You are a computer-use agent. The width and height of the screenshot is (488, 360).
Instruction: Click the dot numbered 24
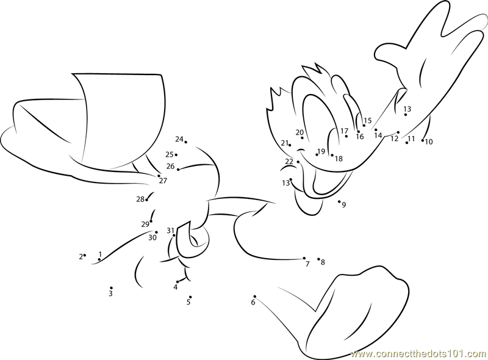tap(186, 142)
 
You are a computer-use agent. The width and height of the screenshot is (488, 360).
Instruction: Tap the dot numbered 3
tap(111, 288)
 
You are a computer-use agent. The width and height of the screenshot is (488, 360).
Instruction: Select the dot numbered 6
tap(254, 297)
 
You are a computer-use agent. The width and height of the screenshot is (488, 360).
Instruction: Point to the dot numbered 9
tap(339, 201)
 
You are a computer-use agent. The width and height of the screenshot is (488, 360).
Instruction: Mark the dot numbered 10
tap(423, 140)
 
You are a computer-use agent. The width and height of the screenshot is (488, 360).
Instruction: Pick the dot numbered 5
tap(190, 297)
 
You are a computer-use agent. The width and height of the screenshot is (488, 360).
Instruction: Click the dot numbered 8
tap(318, 259)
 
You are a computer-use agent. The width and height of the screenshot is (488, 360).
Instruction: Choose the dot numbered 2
tap(85, 255)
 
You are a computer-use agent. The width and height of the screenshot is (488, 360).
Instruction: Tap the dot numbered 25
tap(176, 155)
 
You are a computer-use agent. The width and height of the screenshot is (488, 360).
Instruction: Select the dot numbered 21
tap(290, 145)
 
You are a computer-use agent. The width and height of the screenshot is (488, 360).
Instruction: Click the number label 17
tap(344, 131)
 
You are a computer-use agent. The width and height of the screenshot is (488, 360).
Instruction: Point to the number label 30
tap(152, 237)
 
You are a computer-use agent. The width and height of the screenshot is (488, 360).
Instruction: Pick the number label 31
tap(170, 231)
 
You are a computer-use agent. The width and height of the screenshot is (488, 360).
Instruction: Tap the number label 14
tap(378, 135)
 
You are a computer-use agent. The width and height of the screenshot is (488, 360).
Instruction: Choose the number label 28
tap(140, 199)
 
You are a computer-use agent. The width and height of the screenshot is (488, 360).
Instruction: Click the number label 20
tap(300, 132)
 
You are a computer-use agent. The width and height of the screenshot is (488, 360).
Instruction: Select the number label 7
tap(307, 264)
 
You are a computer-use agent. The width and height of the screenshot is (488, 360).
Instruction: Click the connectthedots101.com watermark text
tap(418, 354)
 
